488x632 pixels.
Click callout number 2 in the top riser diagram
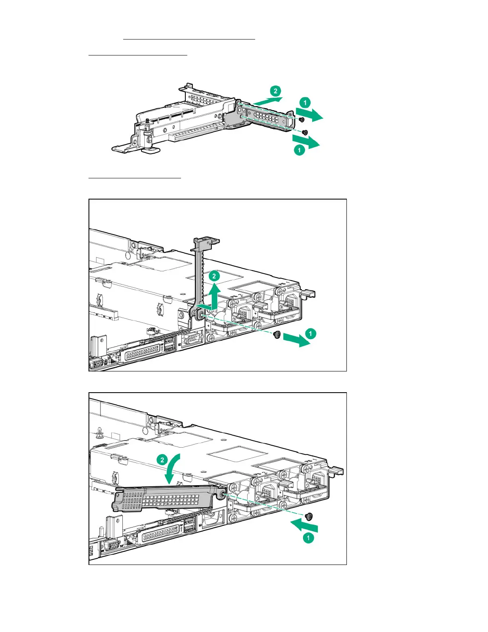[x=275, y=91]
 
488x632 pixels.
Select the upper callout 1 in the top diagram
[x=305, y=103]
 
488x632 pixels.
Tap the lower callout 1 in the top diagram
[x=299, y=150]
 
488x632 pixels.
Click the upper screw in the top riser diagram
[x=301, y=119]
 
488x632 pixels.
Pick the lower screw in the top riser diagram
[x=305, y=132]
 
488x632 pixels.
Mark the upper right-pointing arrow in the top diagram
[x=310, y=115]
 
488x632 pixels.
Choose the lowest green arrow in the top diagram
[x=306, y=141]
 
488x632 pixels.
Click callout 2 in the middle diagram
[x=214, y=276]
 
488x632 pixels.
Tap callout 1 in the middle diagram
[x=311, y=333]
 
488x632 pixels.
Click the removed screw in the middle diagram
[x=277, y=335]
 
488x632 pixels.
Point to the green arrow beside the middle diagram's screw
[x=297, y=340]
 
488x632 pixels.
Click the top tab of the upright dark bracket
[x=207, y=242]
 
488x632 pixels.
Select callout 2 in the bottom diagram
[x=162, y=460]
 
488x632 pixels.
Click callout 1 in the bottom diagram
[x=308, y=538]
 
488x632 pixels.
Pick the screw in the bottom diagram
[x=309, y=517]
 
